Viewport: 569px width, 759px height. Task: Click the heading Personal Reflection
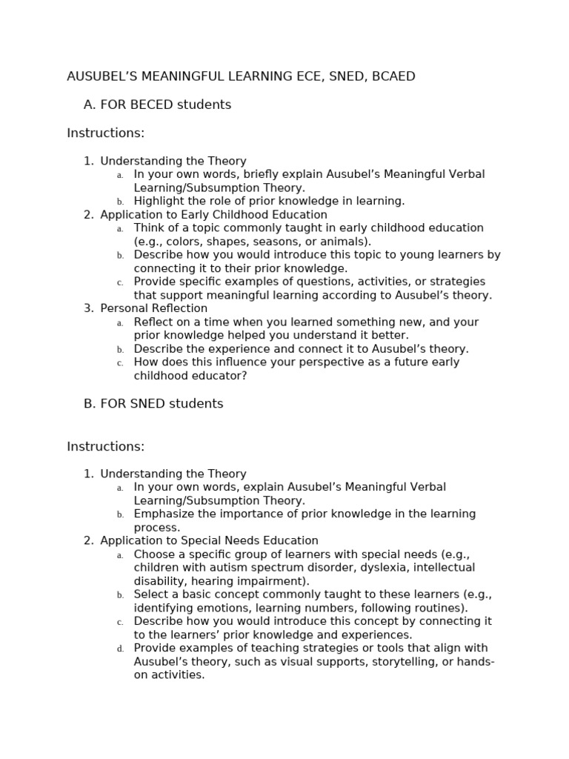[153, 308]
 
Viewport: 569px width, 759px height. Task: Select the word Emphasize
[161, 514]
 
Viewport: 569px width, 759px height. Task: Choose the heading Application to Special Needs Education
[209, 540]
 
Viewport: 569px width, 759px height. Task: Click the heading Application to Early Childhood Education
[213, 214]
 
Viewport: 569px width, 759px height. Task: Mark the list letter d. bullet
[120, 649]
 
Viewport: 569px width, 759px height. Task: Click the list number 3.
[88, 308]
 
